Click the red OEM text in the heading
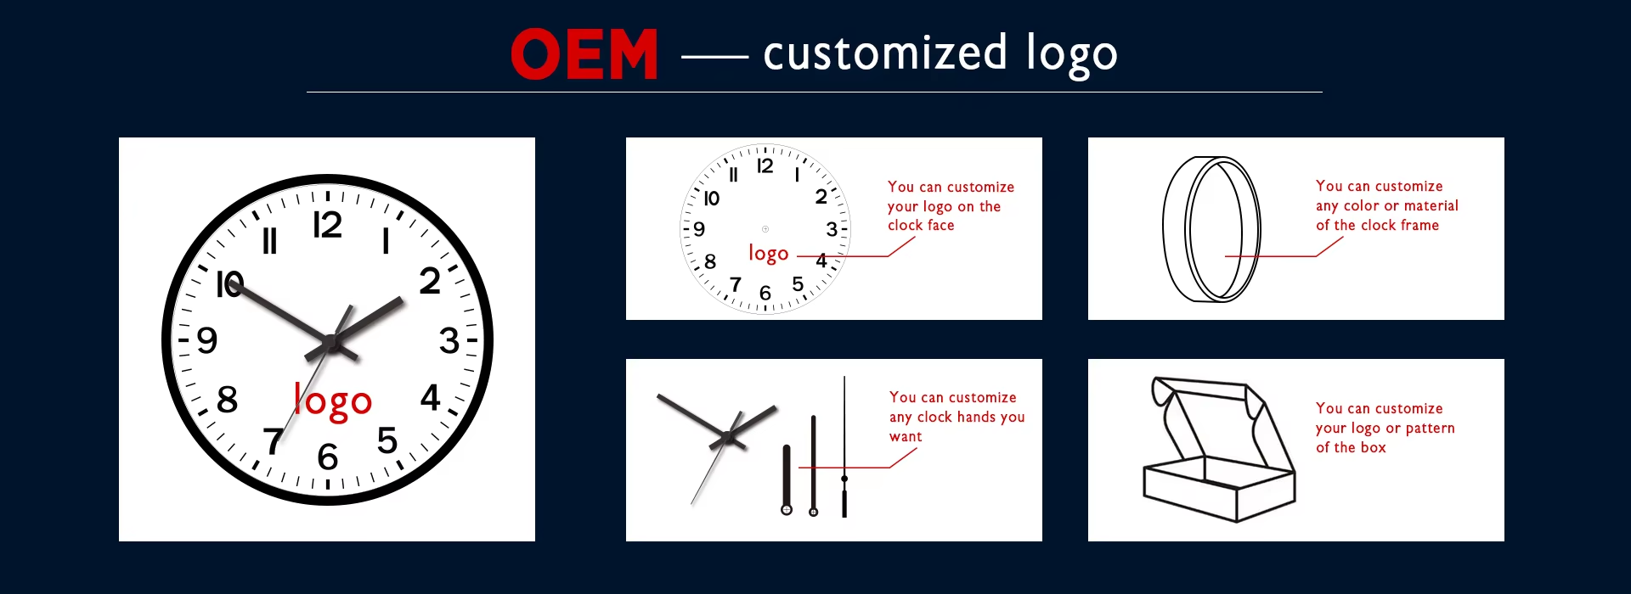coord(584,54)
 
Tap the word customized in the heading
coord(884,53)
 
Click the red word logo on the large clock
coord(333,401)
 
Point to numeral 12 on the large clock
coord(327,225)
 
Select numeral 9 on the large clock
coord(207,341)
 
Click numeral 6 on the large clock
coord(328,457)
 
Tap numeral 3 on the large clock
coord(449,341)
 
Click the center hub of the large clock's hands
coord(330,343)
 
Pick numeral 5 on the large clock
coord(387,440)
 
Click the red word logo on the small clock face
coord(768,253)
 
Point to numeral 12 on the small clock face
coord(765,166)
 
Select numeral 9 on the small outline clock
coord(699,229)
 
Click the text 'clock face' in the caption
coord(921,226)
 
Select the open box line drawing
coord(1220,450)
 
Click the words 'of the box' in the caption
coord(1351,448)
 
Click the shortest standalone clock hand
coord(787,479)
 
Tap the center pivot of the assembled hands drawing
coord(727,438)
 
